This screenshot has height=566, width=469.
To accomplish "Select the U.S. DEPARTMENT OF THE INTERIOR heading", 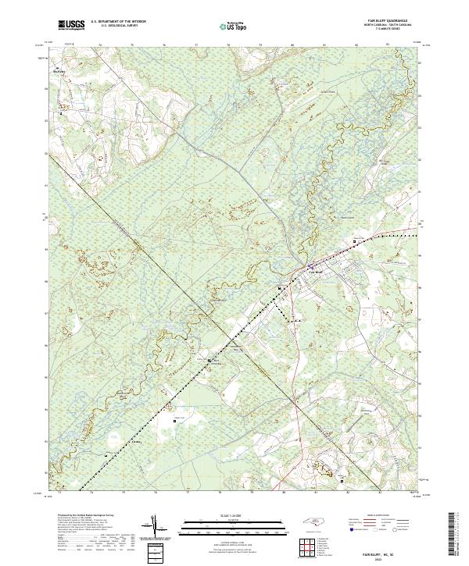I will pyautogui.click(x=118, y=23).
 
